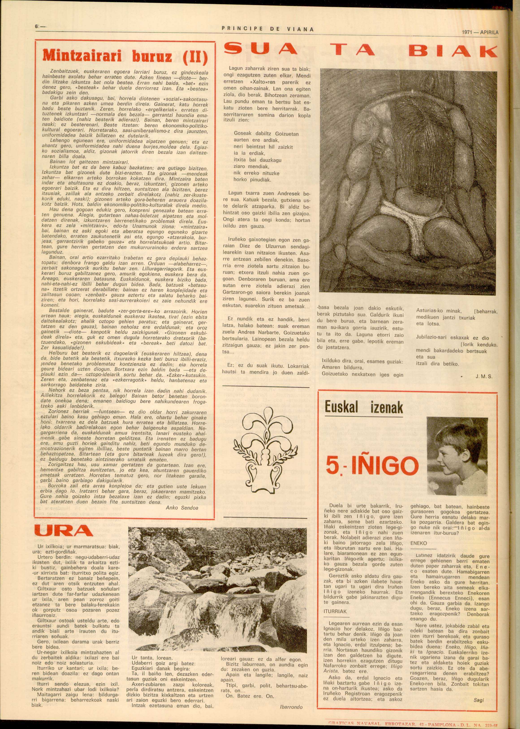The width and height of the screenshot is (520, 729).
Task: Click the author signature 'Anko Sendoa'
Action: coord(182,507)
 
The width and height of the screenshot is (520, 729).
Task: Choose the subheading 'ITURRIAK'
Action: coord(335,611)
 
